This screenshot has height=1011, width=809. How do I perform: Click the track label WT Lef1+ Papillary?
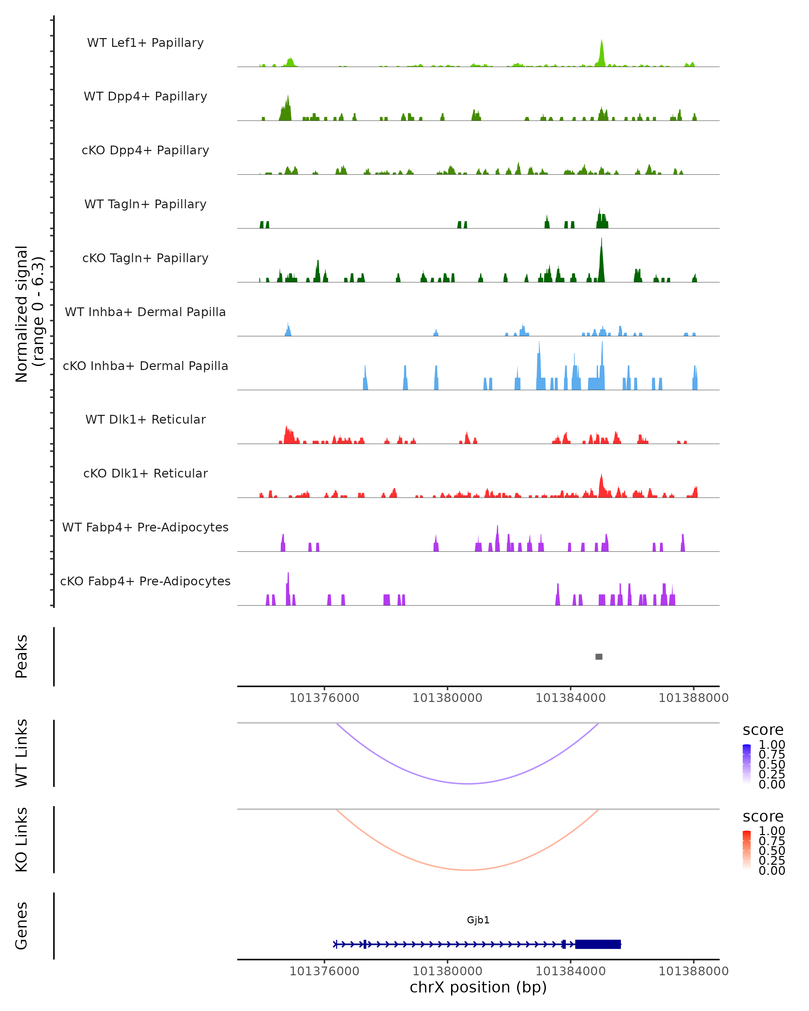[145, 43]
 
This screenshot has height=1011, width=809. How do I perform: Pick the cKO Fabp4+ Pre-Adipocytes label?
[145, 581]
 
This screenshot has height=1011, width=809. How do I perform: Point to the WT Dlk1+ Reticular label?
[145, 419]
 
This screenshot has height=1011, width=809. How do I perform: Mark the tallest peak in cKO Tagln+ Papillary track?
[602, 240]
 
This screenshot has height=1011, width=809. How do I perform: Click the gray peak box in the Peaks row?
[599, 656]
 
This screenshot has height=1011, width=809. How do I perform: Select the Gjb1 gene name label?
[478, 920]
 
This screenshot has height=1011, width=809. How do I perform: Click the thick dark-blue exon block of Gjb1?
[598, 944]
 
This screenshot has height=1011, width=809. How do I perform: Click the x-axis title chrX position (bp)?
[478, 987]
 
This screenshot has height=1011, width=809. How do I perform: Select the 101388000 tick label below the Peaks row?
[694, 698]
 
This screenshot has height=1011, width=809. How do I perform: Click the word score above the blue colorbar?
[763, 730]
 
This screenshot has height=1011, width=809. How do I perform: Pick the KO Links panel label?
[22, 839]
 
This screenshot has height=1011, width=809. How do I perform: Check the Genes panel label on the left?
[22, 926]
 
